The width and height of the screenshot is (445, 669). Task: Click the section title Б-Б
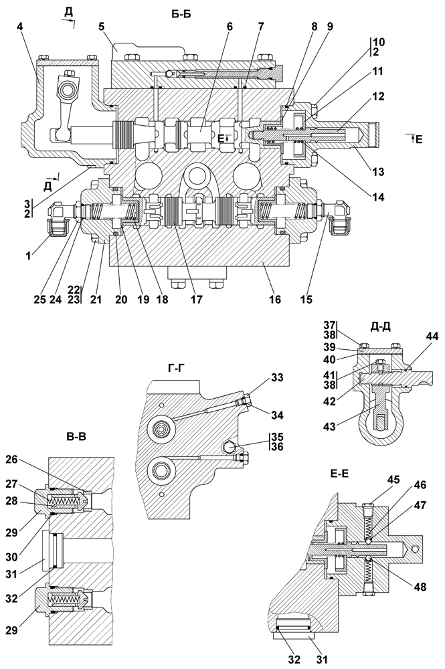pyautogui.click(x=181, y=14)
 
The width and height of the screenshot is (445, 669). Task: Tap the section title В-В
pyautogui.click(x=76, y=436)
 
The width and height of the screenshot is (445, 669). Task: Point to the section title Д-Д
pyautogui.click(x=381, y=327)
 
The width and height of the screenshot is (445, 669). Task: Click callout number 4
pyautogui.click(x=20, y=27)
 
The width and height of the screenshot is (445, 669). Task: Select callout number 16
pyautogui.click(x=275, y=300)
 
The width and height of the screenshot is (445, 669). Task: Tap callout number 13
pyautogui.click(x=378, y=172)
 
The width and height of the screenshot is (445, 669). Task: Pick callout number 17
pyautogui.click(x=196, y=300)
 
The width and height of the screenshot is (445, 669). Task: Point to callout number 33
pyautogui.click(x=276, y=378)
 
